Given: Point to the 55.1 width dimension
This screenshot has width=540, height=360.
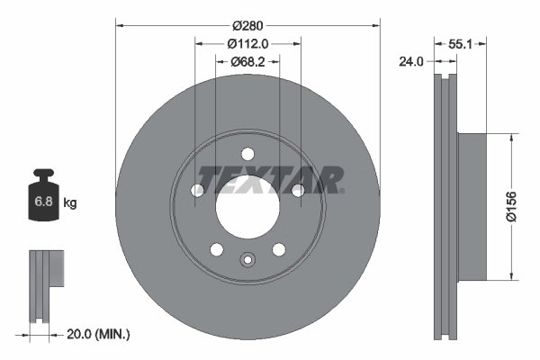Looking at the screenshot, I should pos(461,42).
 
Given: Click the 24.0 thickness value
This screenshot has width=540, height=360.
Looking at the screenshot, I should pos(411,62).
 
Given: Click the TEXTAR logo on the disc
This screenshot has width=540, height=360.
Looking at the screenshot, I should pos(269,179).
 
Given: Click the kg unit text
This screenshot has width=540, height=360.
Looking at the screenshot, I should pos(70,203).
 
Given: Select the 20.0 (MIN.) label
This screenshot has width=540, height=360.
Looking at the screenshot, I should pos(99,334).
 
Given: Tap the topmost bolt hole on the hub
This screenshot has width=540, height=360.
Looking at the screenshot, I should pos(247,152).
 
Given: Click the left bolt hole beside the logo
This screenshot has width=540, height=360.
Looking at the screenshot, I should pos(198,189).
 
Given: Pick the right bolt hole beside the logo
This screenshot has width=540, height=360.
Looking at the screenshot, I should pos(297,188).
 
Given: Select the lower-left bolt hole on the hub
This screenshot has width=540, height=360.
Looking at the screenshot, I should pos(217,248).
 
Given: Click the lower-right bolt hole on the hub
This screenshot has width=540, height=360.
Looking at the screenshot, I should pos(278,248).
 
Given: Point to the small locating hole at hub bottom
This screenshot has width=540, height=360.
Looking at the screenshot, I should pos(247,261).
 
